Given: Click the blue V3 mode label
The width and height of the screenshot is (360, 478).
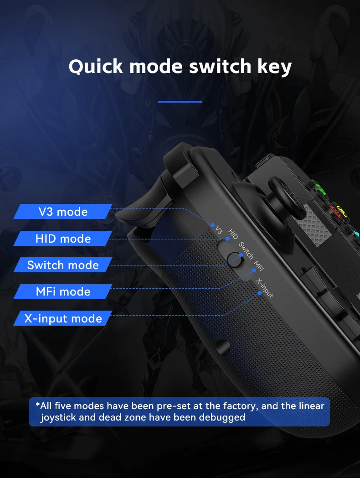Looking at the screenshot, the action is [63, 212].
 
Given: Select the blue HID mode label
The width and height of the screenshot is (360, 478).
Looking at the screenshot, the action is [63, 239].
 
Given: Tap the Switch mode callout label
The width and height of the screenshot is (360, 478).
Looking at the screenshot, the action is [63, 265].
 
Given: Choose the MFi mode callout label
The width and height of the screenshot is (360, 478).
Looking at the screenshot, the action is [63, 292].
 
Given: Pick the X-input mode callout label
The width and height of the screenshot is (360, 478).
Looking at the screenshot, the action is [63, 318].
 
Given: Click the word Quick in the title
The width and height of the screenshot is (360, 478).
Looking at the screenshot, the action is [95, 67].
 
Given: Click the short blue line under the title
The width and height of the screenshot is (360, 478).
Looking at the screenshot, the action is [180, 102].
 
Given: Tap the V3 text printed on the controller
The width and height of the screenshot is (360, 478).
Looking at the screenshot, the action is [219, 229].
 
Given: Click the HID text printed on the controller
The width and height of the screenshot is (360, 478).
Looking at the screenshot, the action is [233, 234].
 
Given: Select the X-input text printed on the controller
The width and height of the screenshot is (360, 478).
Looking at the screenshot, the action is [264, 288].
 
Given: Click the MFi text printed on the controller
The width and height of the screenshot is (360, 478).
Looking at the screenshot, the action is [258, 265].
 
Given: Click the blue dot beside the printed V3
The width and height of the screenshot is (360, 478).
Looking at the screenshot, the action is [212, 225].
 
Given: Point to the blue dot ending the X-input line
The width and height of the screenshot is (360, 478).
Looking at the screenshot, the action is [259, 293].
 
